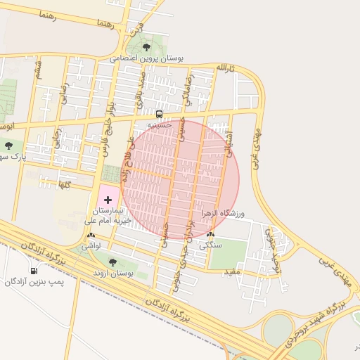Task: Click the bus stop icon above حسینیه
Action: coord(159,113)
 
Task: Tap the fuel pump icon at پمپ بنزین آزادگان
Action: coord(33,271)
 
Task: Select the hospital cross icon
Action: coord(108,200)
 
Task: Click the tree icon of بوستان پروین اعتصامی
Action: coord(146,48)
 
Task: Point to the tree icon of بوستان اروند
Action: coord(112,262)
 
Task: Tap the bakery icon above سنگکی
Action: coord(211,236)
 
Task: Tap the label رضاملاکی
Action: coord(186,91)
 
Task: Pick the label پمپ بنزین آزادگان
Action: coord(34,282)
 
